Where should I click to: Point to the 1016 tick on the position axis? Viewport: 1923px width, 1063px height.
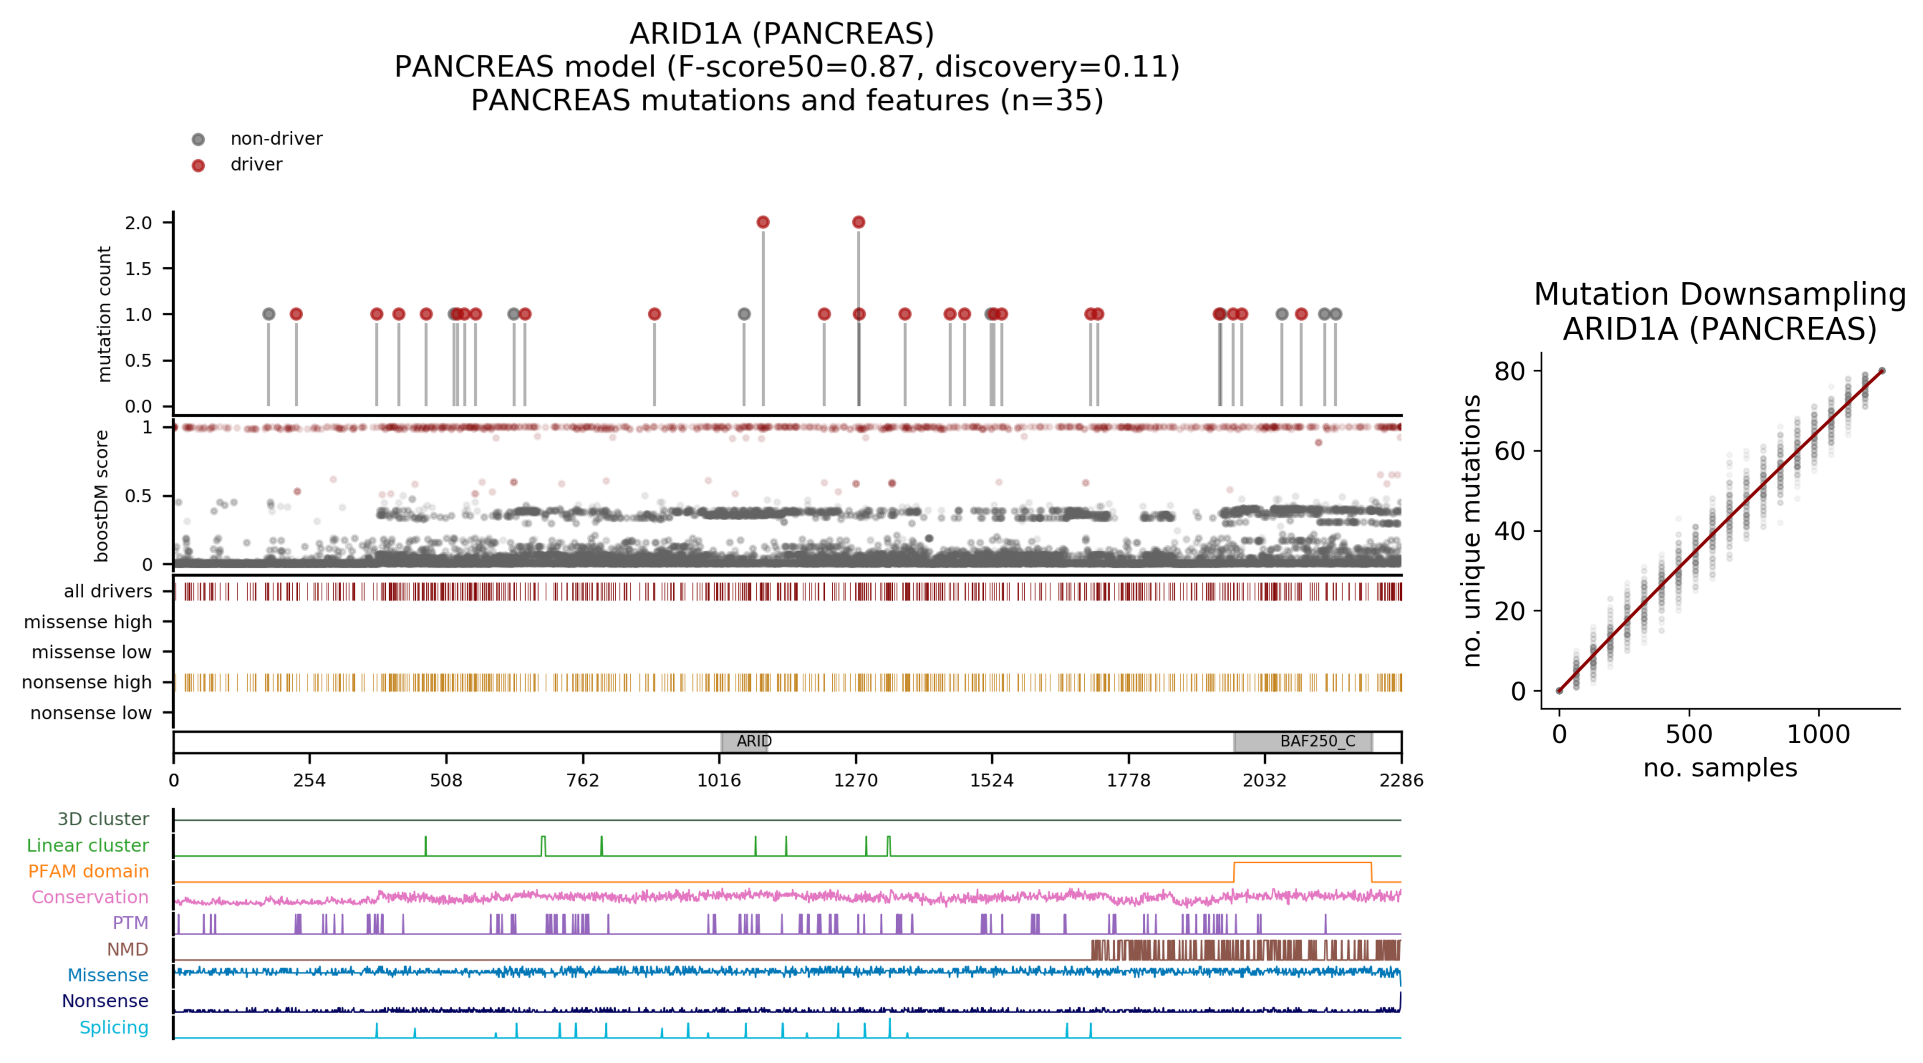pyautogui.click(x=719, y=780)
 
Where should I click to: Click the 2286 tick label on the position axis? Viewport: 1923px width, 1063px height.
pyautogui.click(x=1400, y=780)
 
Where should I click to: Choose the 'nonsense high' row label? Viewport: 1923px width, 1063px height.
pyautogui.click(x=87, y=682)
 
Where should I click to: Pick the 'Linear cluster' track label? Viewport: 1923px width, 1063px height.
pyautogui.click(x=88, y=845)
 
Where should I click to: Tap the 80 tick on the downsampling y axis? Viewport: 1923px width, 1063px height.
pyautogui.click(x=1509, y=371)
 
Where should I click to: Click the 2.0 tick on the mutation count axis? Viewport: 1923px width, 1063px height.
pyautogui.click(x=138, y=222)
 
